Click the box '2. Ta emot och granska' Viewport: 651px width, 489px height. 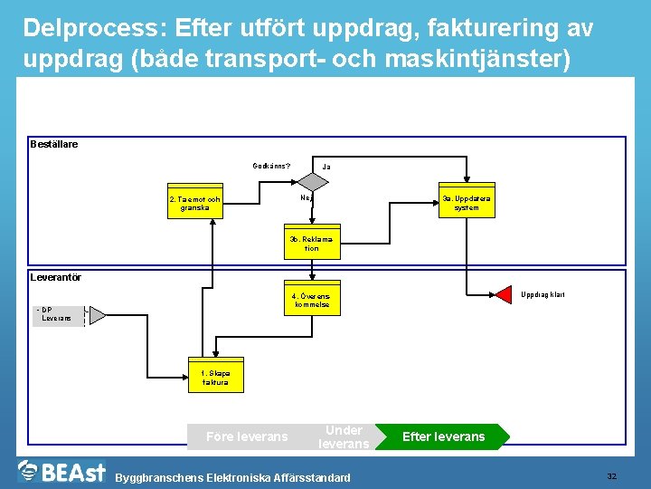pyautogui.click(x=194, y=204)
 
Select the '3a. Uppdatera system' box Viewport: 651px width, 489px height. pyautogui.click(x=467, y=203)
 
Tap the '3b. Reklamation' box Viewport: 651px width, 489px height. pyautogui.click(x=311, y=244)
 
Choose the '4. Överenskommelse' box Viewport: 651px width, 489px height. pyautogui.click(x=311, y=302)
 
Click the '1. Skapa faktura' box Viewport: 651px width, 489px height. pyautogui.click(x=215, y=378)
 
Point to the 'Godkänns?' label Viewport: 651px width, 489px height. pyautogui.click(x=271, y=166)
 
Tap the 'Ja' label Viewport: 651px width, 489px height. pyautogui.click(x=326, y=167)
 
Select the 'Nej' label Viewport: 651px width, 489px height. pyautogui.click(x=307, y=197)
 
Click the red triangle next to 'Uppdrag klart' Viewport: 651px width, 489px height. pyautogui.click(x=503, y=295)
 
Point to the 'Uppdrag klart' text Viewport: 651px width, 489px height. pyautogui.click(x=543, y=295)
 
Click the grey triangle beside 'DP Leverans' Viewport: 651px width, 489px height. pyautogui.click(x=96, y=315)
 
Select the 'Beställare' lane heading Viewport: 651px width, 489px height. pyautogui.click(x=54, y=144)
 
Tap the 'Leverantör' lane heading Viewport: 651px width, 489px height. pyautogui.click(x=55, y=277)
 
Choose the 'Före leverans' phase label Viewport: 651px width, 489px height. pyautogui.click(x=247, y=436)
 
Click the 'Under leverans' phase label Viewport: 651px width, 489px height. pyautogui.click(x=344, y=436)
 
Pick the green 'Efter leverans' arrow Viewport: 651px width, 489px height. pyautogui.click(x=443, y=436)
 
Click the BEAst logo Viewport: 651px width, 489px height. pyautogui.click(x=61, y=472)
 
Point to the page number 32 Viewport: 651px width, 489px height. pyautogui.click(x=611, y=476)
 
